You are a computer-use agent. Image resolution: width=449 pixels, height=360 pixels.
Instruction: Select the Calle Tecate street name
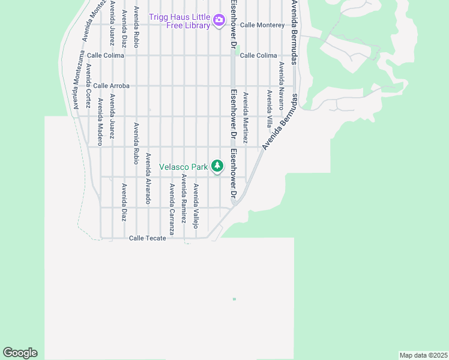147,238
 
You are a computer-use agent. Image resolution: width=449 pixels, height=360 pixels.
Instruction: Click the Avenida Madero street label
100,122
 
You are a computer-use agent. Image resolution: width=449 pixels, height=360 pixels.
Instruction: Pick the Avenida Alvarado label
148,178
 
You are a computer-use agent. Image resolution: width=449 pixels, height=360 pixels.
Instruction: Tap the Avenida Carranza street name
172,209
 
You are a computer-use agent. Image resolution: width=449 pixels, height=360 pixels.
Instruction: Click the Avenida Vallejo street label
195,206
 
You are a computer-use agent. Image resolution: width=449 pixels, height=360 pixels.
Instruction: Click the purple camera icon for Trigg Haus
218,21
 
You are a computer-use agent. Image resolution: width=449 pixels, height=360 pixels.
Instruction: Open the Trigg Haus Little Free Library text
180,21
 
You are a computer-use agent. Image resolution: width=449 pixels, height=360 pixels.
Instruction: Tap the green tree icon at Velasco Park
217,166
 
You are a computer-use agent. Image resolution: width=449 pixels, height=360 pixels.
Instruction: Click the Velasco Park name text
183,167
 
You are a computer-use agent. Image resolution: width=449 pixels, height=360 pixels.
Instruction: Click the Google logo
20,353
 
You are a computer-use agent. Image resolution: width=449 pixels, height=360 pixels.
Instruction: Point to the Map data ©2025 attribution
423,355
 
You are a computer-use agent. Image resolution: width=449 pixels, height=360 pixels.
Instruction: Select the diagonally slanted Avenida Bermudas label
280,122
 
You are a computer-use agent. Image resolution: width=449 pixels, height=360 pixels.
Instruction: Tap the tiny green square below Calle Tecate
234,299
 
